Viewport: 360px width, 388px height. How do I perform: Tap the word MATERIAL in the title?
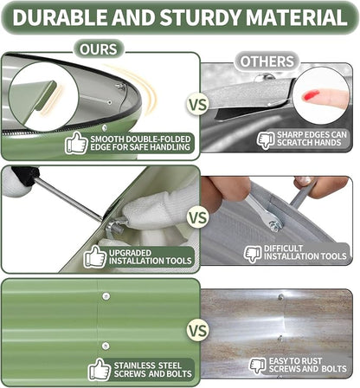pyautogui.click(x=297, y=17)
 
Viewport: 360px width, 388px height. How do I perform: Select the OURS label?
pyautogui.click(x=99, y=49)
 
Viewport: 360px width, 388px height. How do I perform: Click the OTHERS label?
pyautogui.click(x=267, y=61)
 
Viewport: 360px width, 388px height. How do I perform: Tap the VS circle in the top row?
pyautogui.click(x=198, y=105)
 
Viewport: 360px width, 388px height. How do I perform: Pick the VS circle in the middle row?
pyautogui.click(x=198, y=217)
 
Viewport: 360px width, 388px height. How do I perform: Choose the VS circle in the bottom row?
pyautogui.click(x=198, y=330)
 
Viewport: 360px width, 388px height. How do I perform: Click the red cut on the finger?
pyautogui.click(x=310, y=95)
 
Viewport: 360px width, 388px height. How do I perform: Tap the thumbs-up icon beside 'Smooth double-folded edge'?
pyautogui.click(x=76, y=143)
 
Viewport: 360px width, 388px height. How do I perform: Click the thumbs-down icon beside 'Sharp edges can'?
pyautogui.click(x=266, y=140)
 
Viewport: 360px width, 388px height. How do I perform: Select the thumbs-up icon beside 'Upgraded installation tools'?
pyautogui.click(x=95, y=256)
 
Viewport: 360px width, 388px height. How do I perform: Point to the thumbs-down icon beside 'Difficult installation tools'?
pyautogui.click(x=253, y=254)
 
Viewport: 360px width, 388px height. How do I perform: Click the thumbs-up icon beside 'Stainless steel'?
pyautogui.click(x=100, y=369)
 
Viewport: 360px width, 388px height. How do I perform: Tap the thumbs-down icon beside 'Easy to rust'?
pyautogui.click(x=258, y=366)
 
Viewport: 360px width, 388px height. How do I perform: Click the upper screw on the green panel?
pyautogui.click(x=106, y=296)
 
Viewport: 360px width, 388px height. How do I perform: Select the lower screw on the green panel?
pyautogui.click(x=106, y=346)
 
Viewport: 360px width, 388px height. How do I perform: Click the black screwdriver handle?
pyautogui.click(x=25, y=176)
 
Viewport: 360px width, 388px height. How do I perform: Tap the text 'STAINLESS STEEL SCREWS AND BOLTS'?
pyautogui.click(x=152, y=370)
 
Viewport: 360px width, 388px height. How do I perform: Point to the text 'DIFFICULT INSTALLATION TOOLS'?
pyautogui.click(x=305, y=253)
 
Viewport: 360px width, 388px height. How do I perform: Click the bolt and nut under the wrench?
pyautogui.click(x=275, y=225)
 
